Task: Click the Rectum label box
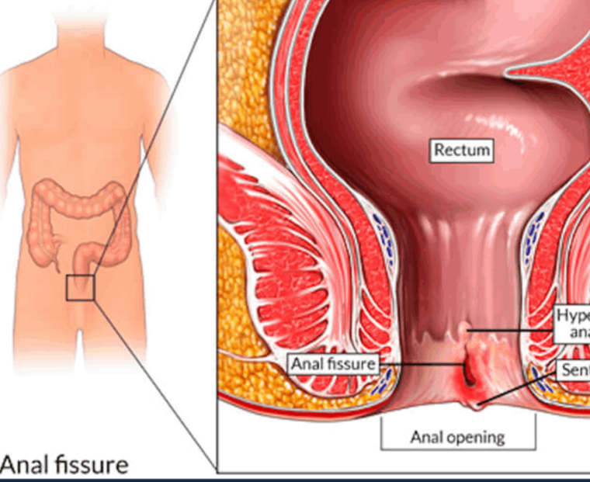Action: click(x=462, y=150)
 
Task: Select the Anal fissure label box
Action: click(x=333, y=363)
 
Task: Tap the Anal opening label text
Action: click(x=457, y=437)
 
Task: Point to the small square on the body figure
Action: click(x=80, y=287)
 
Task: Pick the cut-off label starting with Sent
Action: click(x=574, y=371)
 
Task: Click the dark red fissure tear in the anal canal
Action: click(x=468, y=371)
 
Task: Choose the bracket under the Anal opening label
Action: click(x=457, y=449)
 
